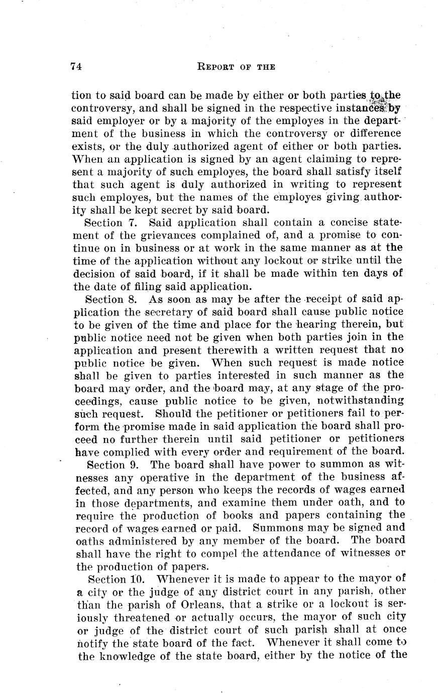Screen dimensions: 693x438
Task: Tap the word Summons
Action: pos(276,527)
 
